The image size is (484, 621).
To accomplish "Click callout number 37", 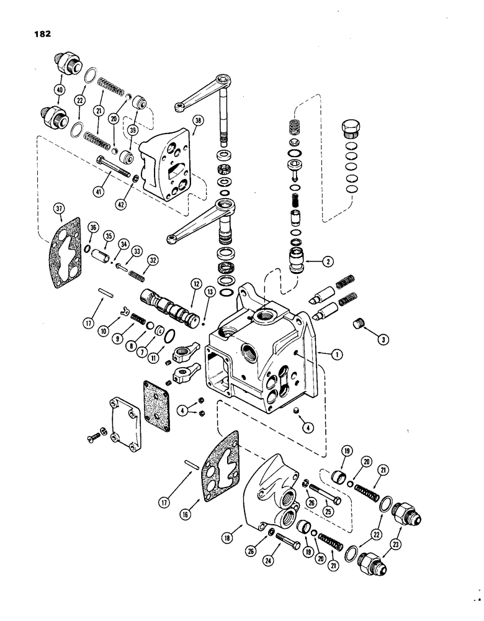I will [x=60, y=211].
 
